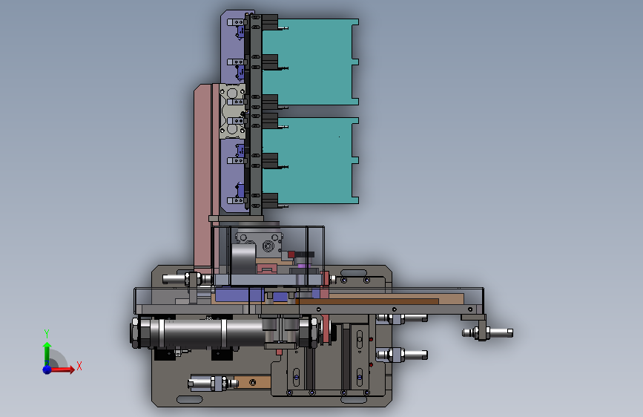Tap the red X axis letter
coord(79,366)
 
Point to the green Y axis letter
coord(47,334)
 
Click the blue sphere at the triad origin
coord(47,370)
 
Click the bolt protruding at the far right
coord(488,332)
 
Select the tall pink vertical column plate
coord(203,177)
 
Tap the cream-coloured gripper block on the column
coord(233,111)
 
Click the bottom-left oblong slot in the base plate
coord(189,399)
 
